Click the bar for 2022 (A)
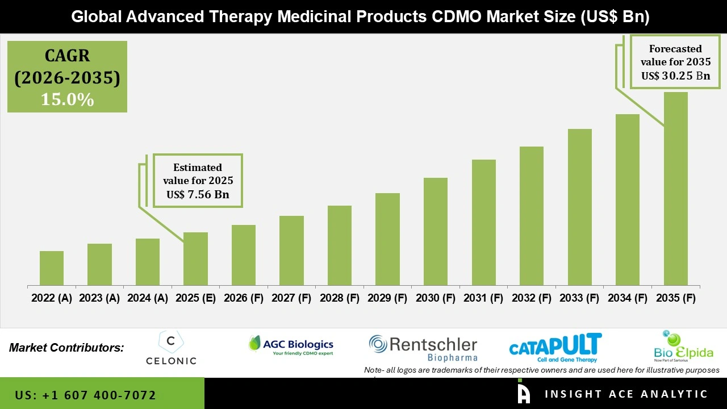(52, 268)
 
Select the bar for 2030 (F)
(436, 231)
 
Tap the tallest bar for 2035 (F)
(676, 189)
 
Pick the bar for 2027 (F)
(291, 251)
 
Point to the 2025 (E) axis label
(195, 298)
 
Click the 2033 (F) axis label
(580, 298)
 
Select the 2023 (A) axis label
(99, 298)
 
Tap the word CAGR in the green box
(67, 56)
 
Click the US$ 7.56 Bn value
(197, 195)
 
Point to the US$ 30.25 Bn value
(675, 76)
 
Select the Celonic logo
(171, 348)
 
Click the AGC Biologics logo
(291, 345)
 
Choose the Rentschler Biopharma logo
(423, 348)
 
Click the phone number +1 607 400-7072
(86, 395)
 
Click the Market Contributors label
(66, 348)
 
